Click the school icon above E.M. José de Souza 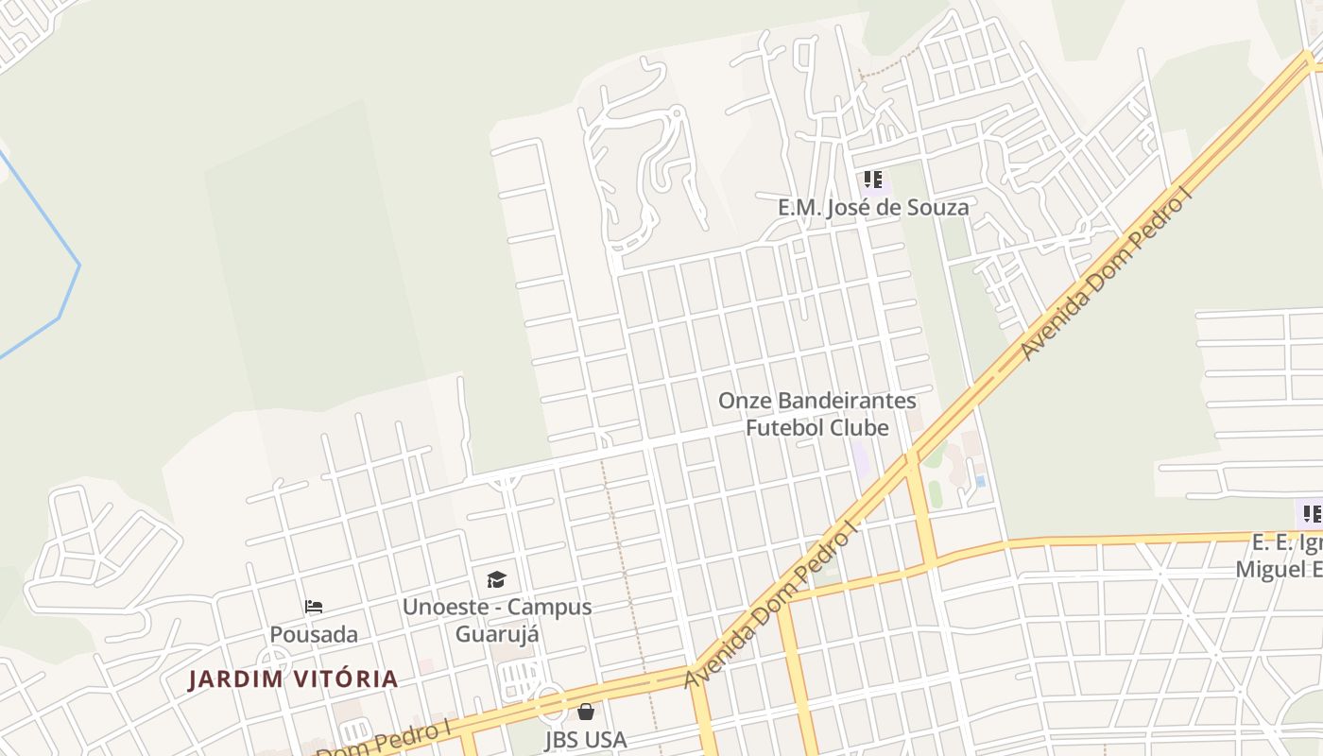pos(873,179)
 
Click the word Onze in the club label pos(742,401)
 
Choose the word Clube pos(858,428)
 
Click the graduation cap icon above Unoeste pos(496,579)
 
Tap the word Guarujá pos(497,634)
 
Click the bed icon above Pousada pos(314,607)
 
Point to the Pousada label pos(314,634)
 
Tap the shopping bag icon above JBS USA pos(586,712)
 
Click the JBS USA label pos(586,739)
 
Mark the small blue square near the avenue pos(981,481)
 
